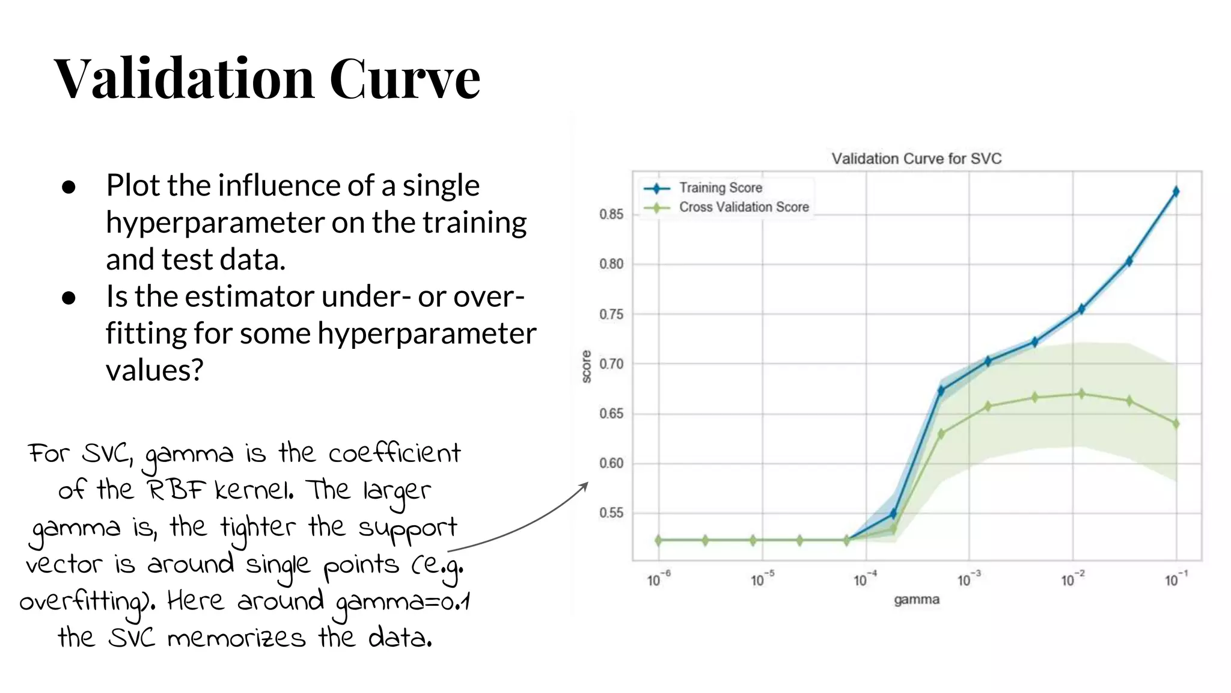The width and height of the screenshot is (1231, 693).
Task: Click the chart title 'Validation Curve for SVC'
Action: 916,159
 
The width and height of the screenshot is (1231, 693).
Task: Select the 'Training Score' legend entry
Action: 720,188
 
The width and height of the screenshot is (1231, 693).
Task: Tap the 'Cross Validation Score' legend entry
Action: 744,207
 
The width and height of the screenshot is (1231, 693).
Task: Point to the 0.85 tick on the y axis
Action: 611,214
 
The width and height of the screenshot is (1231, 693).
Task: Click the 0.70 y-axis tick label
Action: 611,364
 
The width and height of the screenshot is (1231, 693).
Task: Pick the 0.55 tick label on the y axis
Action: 611,513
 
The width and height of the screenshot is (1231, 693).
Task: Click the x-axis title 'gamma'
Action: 916,600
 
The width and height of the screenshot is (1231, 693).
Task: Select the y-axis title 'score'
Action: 587,366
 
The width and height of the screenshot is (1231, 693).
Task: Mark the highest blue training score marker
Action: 1176,191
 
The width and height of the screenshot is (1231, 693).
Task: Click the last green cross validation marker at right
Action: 1176,424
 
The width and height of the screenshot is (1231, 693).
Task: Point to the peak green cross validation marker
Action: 1081,394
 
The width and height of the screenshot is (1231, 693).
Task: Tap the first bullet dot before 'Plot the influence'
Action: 69,187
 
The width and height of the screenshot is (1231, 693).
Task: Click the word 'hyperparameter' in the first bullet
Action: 215,223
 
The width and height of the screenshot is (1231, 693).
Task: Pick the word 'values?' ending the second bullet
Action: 154,370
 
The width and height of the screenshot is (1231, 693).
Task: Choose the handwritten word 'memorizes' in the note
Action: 236,638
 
